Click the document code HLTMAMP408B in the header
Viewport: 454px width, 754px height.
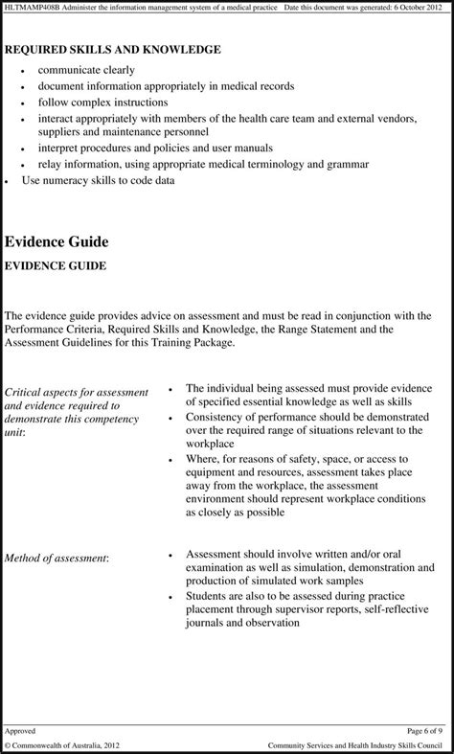[30, 8]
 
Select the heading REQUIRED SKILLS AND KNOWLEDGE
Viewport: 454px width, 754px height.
[113, 49]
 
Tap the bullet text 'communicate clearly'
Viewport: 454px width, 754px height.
[86, 70]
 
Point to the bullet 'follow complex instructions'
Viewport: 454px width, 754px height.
[102, 102]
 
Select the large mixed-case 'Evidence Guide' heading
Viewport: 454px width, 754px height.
[57, 241]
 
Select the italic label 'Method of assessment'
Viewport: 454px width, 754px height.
[57, 557]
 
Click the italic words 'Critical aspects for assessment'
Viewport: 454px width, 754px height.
[77, 392]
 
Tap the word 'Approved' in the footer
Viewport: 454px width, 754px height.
[20, 730]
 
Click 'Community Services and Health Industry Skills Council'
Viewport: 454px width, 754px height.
[356, 745]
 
